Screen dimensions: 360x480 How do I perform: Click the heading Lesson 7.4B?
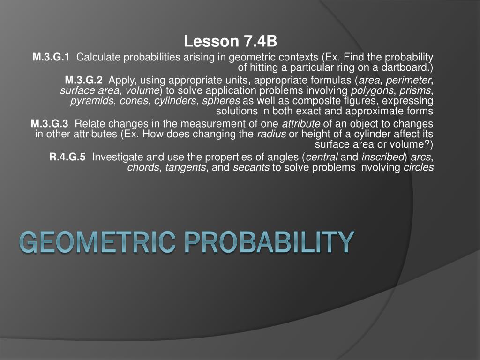coord(231,42)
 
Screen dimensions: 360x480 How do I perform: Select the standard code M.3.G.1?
coord(51,57)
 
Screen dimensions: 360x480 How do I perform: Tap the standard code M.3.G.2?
coord(83,80)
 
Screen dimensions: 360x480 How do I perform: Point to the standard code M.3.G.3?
coord(49,124)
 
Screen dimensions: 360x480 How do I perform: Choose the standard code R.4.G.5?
coord(67,157)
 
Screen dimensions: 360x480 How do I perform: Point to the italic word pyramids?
coord(92,101)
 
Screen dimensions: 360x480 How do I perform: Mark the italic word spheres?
coord(221,101)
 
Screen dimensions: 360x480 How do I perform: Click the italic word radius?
coord(271,135)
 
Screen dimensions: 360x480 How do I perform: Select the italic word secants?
coord(251,168)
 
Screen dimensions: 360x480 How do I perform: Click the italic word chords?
coord(143,168)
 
